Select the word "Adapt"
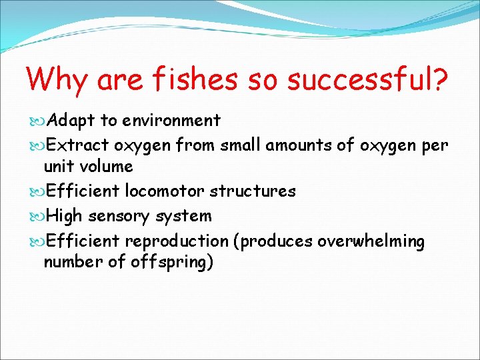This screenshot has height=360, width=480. (71, 121)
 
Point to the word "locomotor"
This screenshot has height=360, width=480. (165, 191)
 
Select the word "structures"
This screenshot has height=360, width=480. (253, 191)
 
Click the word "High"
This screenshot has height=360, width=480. (66, 216)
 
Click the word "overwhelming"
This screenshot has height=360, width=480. (371, 241)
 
